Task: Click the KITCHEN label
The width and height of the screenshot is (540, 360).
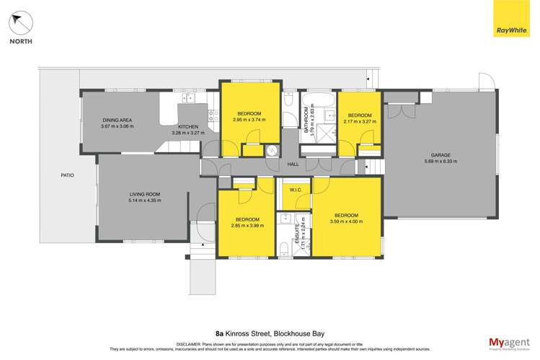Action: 188,126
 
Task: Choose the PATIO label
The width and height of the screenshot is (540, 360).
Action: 68,175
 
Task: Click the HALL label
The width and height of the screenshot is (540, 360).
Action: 293,164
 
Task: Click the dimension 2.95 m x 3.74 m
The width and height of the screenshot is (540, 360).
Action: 249,120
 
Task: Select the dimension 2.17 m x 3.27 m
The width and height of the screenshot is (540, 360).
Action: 359,120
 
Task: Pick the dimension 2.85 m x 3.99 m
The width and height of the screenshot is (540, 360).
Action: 247,225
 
